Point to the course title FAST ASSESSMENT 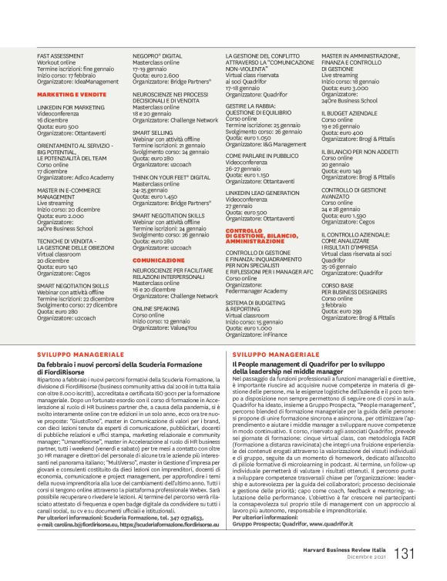click(x=61, y=56)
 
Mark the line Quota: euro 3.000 click(x=348, y=89)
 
